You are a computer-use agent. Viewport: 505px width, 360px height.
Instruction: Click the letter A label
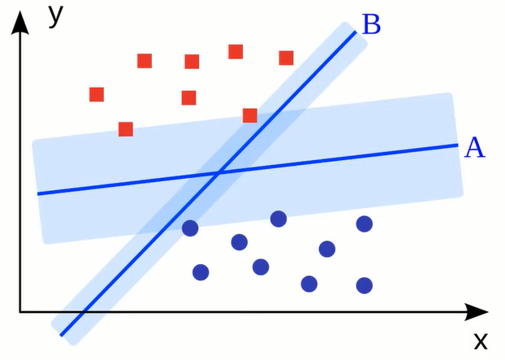[475, 147]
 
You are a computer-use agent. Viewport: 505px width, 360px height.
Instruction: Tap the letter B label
[371, 24]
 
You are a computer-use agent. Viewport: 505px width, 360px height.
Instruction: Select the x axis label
[480, 339]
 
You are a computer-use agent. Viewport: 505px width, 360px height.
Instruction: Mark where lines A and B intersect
[218, 172]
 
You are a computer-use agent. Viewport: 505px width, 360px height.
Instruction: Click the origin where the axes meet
[21, 311]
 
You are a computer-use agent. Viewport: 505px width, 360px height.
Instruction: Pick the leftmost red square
[97, 94]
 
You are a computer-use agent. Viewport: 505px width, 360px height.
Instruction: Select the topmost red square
[235, 52]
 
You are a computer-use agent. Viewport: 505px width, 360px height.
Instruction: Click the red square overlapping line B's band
[250, 115]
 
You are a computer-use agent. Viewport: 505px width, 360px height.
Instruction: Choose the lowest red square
[126, 129]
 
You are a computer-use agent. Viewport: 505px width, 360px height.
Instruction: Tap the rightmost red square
[286, 58]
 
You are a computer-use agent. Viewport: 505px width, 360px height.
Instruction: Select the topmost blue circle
[278, 219]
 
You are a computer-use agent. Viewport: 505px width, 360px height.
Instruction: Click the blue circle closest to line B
[191, 228]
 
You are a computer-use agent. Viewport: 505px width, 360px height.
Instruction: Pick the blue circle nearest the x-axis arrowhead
[365, 285]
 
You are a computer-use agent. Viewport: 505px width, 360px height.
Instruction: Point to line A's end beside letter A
[459, 145]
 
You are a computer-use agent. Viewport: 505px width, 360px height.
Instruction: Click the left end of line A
[38, 193]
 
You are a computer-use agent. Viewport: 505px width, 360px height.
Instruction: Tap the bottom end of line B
[62, 334]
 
